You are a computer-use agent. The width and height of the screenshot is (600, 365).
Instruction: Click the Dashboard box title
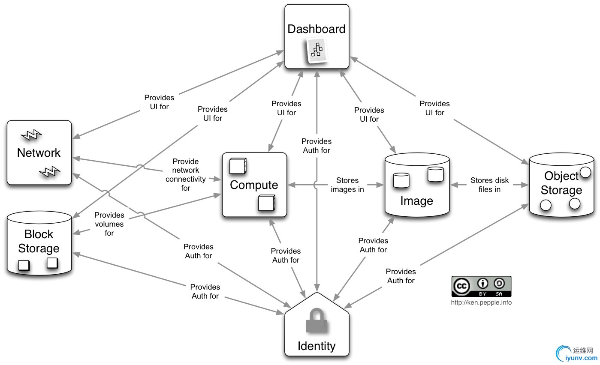pos(317,29)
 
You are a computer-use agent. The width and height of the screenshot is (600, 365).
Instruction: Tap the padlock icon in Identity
pos(317,320)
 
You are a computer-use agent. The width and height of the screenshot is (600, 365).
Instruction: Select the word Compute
pos(254,185)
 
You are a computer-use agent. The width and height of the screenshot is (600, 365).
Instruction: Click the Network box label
pos(39,153)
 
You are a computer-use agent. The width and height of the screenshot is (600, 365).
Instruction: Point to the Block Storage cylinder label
pos(39,241)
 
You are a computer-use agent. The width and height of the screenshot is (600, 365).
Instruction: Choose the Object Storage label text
pos(561,183)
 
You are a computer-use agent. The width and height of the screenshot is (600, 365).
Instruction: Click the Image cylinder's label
pos(416,200)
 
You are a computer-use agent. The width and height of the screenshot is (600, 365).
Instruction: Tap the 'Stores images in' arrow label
pos(347,185)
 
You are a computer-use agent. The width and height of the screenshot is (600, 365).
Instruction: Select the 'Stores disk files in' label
pos(489,185)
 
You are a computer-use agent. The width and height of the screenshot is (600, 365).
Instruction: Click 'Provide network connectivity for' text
pos(185,174)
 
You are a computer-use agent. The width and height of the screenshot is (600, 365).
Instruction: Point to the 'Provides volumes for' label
pos(109,224)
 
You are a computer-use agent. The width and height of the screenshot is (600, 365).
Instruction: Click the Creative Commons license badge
pos(481,286)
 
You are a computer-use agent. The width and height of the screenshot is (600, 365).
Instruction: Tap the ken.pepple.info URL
pos(481,302)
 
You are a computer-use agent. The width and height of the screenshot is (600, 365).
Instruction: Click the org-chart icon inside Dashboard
pos(317,50)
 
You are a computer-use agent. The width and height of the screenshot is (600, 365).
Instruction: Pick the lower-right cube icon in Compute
pos(266,203)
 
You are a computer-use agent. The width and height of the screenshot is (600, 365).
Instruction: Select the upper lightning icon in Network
pos(31,135)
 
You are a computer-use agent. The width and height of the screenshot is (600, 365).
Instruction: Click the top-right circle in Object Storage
pos(585,174)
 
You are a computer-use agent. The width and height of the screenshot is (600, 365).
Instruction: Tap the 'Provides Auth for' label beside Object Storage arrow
pos(401,276)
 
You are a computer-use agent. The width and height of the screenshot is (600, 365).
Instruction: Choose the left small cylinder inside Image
pos(401,180)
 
